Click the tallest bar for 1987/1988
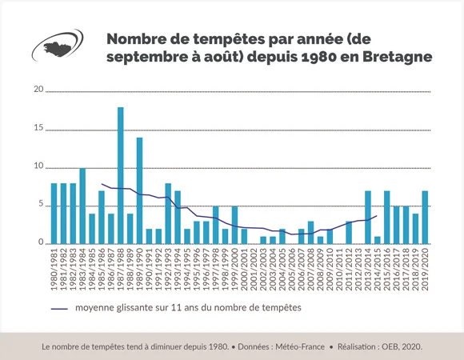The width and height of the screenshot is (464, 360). (121, 176)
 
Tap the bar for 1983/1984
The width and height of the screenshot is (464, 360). (82, 206)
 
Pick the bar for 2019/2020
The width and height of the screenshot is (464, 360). (425, 218)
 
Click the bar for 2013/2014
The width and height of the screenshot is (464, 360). (368, 218)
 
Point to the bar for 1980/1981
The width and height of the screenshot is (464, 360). (54, 214)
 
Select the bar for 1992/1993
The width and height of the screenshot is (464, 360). (168, 214)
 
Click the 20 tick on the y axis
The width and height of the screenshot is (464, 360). (38, 89)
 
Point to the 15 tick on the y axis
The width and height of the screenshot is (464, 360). (38, 128)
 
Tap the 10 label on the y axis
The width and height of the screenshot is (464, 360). (38, 166)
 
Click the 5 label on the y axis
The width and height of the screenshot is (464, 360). (40, 205)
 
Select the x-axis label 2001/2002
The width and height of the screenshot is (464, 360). (254, 270)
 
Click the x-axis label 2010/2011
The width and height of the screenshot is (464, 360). (339, 270)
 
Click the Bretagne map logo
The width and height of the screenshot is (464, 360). (61, 47)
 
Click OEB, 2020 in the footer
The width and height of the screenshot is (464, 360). (399, 346)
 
